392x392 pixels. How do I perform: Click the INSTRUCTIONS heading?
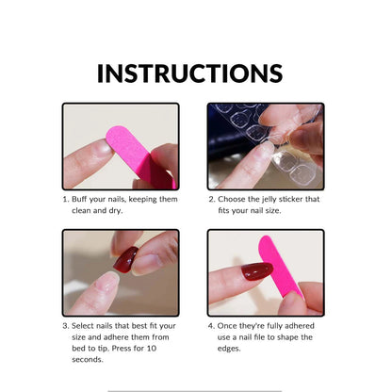[x=189, y=73]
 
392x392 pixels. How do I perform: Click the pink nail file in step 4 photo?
[x=279, y=267]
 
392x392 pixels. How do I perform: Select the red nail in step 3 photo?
[x=126, y=260]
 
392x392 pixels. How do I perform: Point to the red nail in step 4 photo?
[x=256, y=271]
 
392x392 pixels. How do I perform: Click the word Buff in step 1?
[x=82, y=199]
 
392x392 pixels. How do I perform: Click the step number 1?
[x=65, y=199]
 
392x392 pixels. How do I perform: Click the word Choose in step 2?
[x=233, y=199]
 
